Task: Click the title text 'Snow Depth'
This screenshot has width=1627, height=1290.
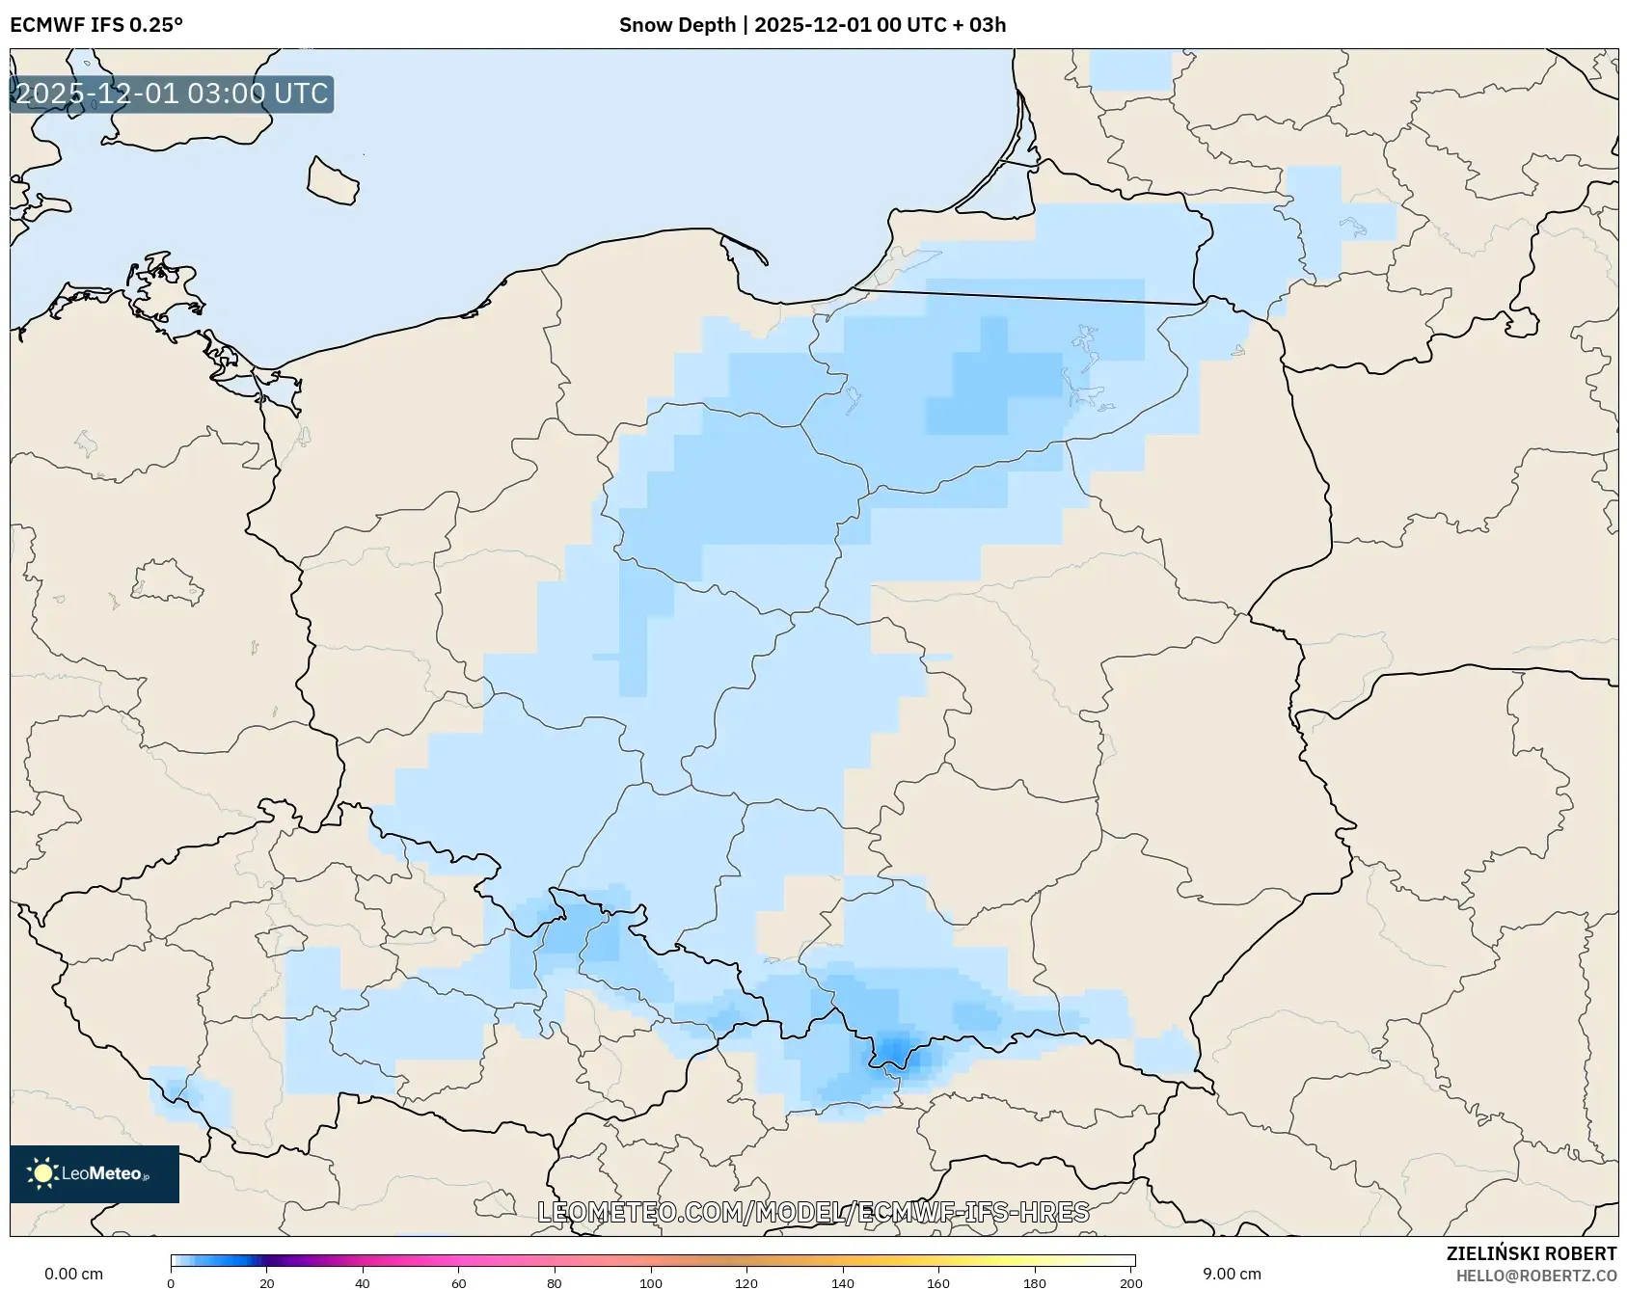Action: pyautogui.click(x=677, y=25)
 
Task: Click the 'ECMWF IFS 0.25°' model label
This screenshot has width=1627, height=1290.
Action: pyautogui.click(x=96, y=25)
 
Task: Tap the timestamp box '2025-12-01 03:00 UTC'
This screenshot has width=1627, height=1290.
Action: pyautogui.click(x=172, y=94)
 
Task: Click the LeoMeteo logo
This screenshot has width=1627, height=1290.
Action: pyautogui.click(x=95, y=1173)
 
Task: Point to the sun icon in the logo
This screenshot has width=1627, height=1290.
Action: pyautogui.click(x=42, y=1173)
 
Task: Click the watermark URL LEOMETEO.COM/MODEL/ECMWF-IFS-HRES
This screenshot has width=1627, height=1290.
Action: pyautogui.click(x=813, y=1212)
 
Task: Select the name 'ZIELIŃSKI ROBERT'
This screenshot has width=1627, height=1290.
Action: pyautogui.click(x=1531, y=1253)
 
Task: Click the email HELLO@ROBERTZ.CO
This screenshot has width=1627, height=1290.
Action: pyautogui.click(x=1535, y=1276)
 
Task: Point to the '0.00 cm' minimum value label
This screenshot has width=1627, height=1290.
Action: pyautogui.click(x=74, y=1274)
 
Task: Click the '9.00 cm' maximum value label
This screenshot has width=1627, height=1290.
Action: pyautogui.click(x=1232, y=1274)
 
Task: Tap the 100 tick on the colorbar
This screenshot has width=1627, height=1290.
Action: pyautogui.click(x=651, y=1282)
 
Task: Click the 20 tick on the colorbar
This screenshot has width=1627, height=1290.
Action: pyautogui.click(x=267, y=1282)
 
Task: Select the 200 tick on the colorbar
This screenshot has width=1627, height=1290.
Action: pyautogui.click(x=1131, y=1282)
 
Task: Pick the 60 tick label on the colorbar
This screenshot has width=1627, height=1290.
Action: pyautogui.click(x=459, y=1282)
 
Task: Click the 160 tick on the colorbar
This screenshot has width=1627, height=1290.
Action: pyautogui.click(x=938, y=1282)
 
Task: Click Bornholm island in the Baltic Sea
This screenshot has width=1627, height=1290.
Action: pyautogui.click(x=333, y=181)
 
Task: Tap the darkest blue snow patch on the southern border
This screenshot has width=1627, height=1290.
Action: pyautogui.click(x=894, y=1048)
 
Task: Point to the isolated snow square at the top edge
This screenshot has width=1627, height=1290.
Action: pyautogui.click(x=1130, y=70)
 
